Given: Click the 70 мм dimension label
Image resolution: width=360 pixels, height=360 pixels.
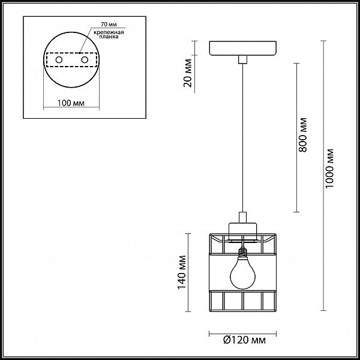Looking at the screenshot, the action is click(109, 24).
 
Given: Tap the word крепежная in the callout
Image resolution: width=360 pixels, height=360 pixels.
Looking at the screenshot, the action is click(109, 32).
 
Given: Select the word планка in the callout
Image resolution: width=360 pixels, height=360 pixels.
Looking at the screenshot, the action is click(109, 37).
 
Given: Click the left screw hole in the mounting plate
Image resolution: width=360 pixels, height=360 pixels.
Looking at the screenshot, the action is click(59, 60).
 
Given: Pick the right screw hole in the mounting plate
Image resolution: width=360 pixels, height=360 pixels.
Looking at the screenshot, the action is click(85, 60).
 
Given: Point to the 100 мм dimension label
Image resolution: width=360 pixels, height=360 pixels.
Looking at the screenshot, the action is click(71, 103).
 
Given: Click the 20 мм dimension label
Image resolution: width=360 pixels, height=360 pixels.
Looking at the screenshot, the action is click(188, 73).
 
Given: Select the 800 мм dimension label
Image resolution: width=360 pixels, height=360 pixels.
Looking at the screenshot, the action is click(302, 135).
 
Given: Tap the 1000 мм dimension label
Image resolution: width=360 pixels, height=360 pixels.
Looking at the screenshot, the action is click(329, 168).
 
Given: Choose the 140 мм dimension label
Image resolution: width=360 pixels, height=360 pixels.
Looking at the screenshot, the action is click(182, 272).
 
